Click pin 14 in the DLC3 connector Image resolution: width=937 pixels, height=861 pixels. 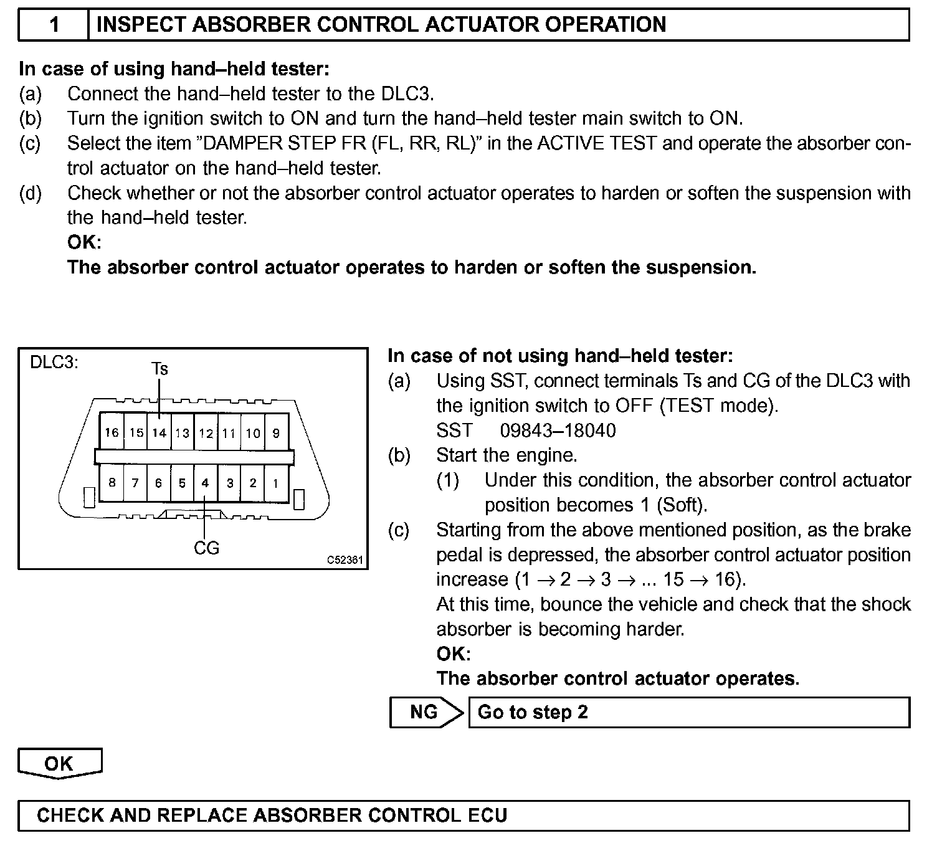point(159,433)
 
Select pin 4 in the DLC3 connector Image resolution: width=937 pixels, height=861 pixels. point(205,483)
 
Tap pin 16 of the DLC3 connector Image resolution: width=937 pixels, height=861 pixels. point(112,433)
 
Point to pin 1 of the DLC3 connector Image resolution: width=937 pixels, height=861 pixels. point(275,483)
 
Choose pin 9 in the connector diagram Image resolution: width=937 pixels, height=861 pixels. point(276,433)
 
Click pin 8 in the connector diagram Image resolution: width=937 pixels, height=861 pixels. point(112,483)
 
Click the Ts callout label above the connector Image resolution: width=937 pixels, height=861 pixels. point(159,369)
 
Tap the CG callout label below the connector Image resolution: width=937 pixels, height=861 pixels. point(206,548)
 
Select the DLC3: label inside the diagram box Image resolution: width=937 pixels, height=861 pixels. point(54,363)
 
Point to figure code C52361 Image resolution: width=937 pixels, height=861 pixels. point(345,559)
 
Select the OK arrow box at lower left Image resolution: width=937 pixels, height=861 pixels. point(59,764)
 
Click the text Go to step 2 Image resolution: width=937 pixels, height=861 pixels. point(533,712)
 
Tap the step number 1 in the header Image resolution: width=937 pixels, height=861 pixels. point(54,24)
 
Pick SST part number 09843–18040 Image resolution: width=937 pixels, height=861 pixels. point(558,430)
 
